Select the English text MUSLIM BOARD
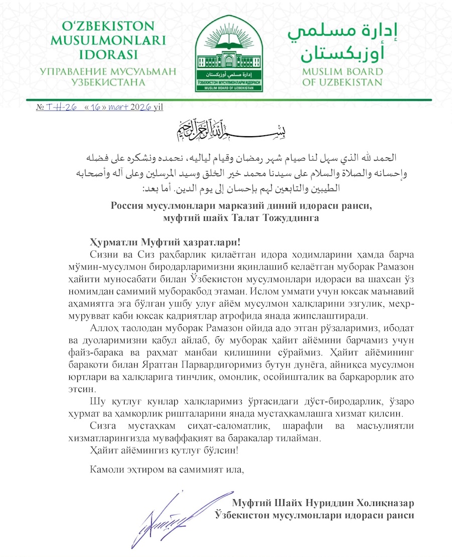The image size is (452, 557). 342,71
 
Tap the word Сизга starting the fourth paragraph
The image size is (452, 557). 102,426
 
